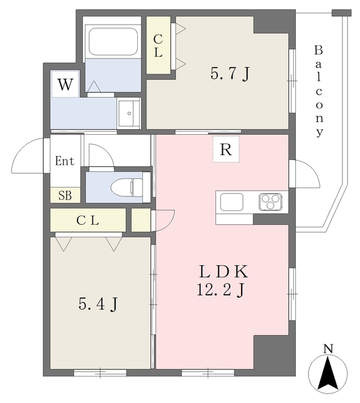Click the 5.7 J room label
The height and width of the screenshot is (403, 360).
click(230, 74)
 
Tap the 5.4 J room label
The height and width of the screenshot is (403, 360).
click(99, 305)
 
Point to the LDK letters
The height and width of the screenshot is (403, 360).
click(224, 272)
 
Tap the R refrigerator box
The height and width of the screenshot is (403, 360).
click(226, 149)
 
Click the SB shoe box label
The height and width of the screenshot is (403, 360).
click(65, 195)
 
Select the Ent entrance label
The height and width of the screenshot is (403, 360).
click(64, 161)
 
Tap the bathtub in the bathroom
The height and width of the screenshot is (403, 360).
click(113, 43)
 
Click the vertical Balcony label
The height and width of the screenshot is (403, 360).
click(319, 91)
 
